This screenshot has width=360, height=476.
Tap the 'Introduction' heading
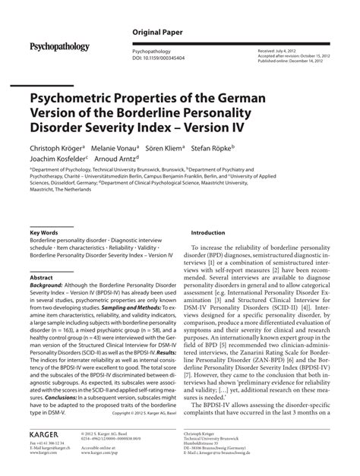coord(208,233)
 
